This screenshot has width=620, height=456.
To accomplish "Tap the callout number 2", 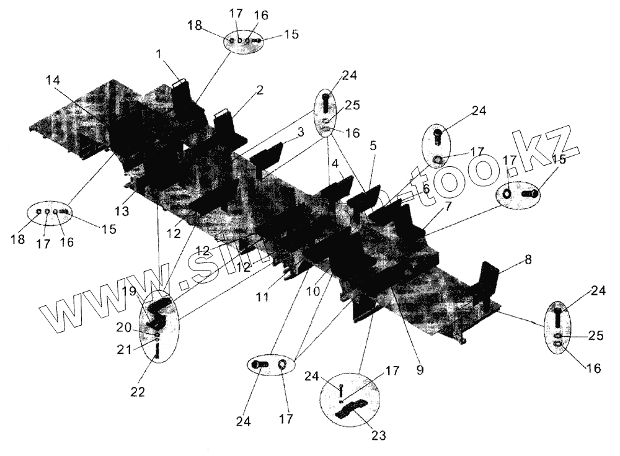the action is (x=260, y=90).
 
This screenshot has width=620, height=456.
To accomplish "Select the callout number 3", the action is (x=300, y=132).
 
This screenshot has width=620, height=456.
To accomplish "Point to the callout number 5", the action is (x=373, y=146).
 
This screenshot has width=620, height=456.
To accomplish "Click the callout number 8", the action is (x=528, y=260).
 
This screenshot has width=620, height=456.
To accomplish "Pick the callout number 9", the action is (x=420, y=370).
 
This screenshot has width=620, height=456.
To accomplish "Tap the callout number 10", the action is (x=314, y=290).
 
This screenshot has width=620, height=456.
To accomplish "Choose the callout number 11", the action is (x=263, y=297).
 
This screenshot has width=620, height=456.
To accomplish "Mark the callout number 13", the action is (x=122, y=211).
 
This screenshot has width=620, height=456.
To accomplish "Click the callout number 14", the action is (x=54, y=80).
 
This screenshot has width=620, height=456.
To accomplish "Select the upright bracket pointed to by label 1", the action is (x=185, y=96).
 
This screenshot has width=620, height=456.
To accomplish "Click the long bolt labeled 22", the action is (x=156, y=351).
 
